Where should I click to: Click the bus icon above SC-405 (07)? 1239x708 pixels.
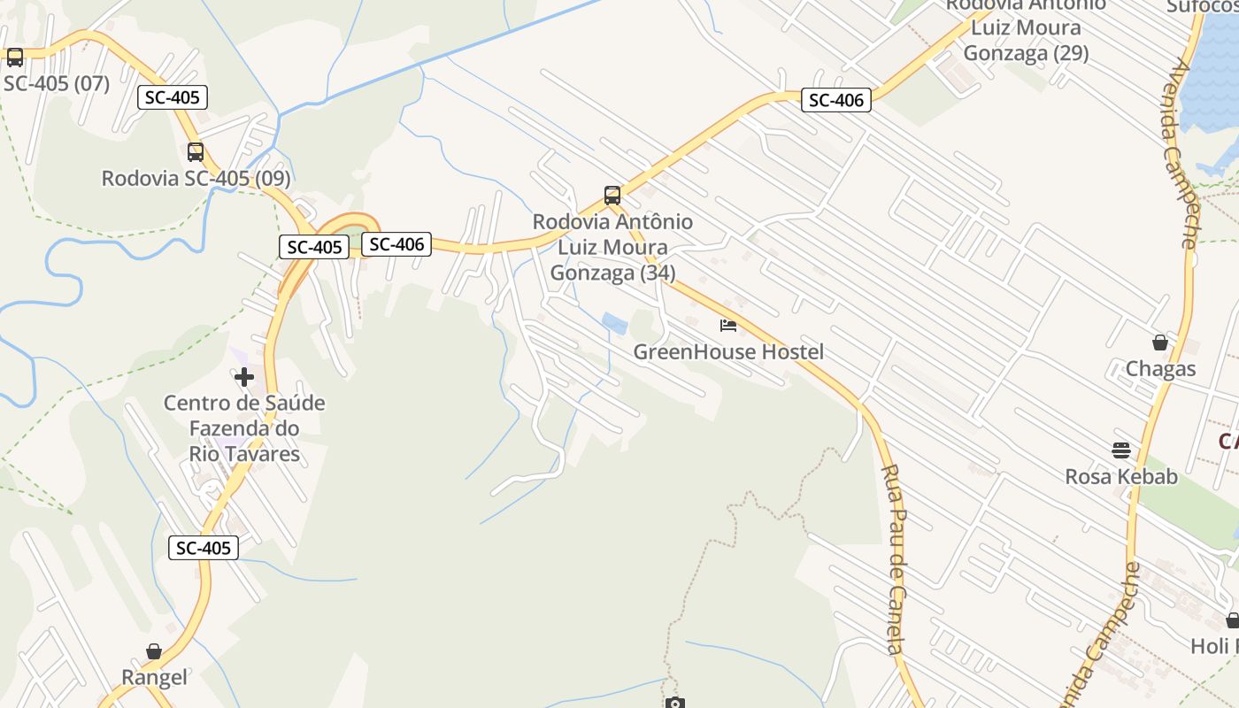(x=15, y=58)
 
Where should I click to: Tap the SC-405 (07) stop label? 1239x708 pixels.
(x=57, y=84)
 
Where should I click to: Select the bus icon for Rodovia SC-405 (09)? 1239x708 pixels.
(x=196, y=152)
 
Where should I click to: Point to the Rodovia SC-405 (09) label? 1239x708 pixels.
(x=196, y=178)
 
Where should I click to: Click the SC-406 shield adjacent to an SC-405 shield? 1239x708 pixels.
(x=396, y=244)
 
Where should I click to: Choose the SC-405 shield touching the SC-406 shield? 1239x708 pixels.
(x=315, y=247)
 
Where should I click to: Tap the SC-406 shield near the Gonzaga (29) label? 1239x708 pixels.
(x=836, y=100)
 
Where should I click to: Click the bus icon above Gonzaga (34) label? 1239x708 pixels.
(x=612, y=196)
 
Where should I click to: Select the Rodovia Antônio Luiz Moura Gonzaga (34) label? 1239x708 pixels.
(x=612, y=247)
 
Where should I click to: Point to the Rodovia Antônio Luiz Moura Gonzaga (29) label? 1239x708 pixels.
(x=1026, y=28)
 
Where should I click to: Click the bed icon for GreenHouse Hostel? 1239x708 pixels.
(x=728, y=326)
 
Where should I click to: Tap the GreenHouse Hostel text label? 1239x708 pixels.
(x=728, y=351)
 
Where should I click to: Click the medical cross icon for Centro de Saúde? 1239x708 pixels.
(x=244, y=378)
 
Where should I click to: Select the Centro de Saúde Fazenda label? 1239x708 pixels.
(x=244, y=428)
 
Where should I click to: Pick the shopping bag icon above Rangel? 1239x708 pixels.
(x=154, y=652)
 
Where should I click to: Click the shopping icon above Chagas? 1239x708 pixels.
(x=1160, y=342)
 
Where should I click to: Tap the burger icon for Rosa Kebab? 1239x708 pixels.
(x=1121, y=450)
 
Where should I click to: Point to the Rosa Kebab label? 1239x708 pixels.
(x=1121, y=476)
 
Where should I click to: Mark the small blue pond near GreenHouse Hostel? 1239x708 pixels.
(x=613, y=323)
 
